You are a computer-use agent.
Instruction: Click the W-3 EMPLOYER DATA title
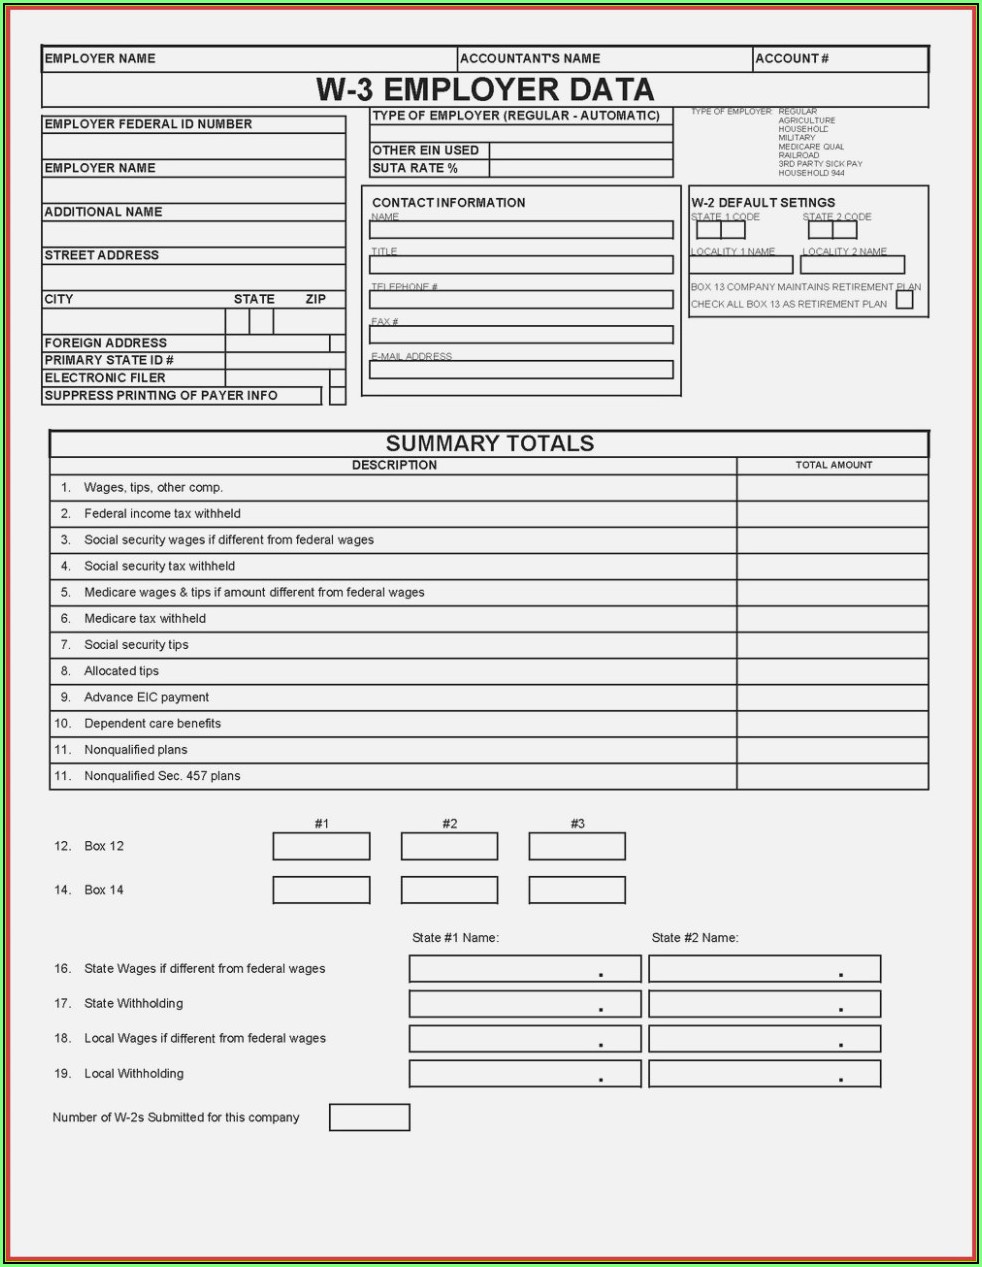(485, 90)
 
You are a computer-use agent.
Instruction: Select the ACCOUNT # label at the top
(791, 59)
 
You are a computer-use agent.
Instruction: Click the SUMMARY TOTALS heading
(490, 444)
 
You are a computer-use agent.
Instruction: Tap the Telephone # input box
(521, 300)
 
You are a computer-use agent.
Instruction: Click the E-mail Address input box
(521, 370)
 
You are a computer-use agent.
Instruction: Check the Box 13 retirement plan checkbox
(905, 300)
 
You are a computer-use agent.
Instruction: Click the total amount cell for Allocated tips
(832, 671)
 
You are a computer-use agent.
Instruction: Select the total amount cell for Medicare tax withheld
(832, 619)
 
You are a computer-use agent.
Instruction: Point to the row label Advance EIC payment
(147, 697)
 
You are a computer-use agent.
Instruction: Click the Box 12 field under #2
(449, 847)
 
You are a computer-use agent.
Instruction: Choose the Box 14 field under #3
(577, 890)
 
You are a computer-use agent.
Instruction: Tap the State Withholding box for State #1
(525, 1004)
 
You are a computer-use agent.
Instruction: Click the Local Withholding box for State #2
(764, 1074)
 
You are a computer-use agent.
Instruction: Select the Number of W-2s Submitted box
(369, 1117)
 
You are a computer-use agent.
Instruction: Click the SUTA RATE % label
(415, 168)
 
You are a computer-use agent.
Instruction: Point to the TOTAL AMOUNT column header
(833, 465)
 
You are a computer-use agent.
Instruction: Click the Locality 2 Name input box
(853, 265)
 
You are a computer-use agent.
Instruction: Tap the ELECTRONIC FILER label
(105, 378)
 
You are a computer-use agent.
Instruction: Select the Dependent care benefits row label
(153, 723)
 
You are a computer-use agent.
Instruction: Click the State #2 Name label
(695, 938)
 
